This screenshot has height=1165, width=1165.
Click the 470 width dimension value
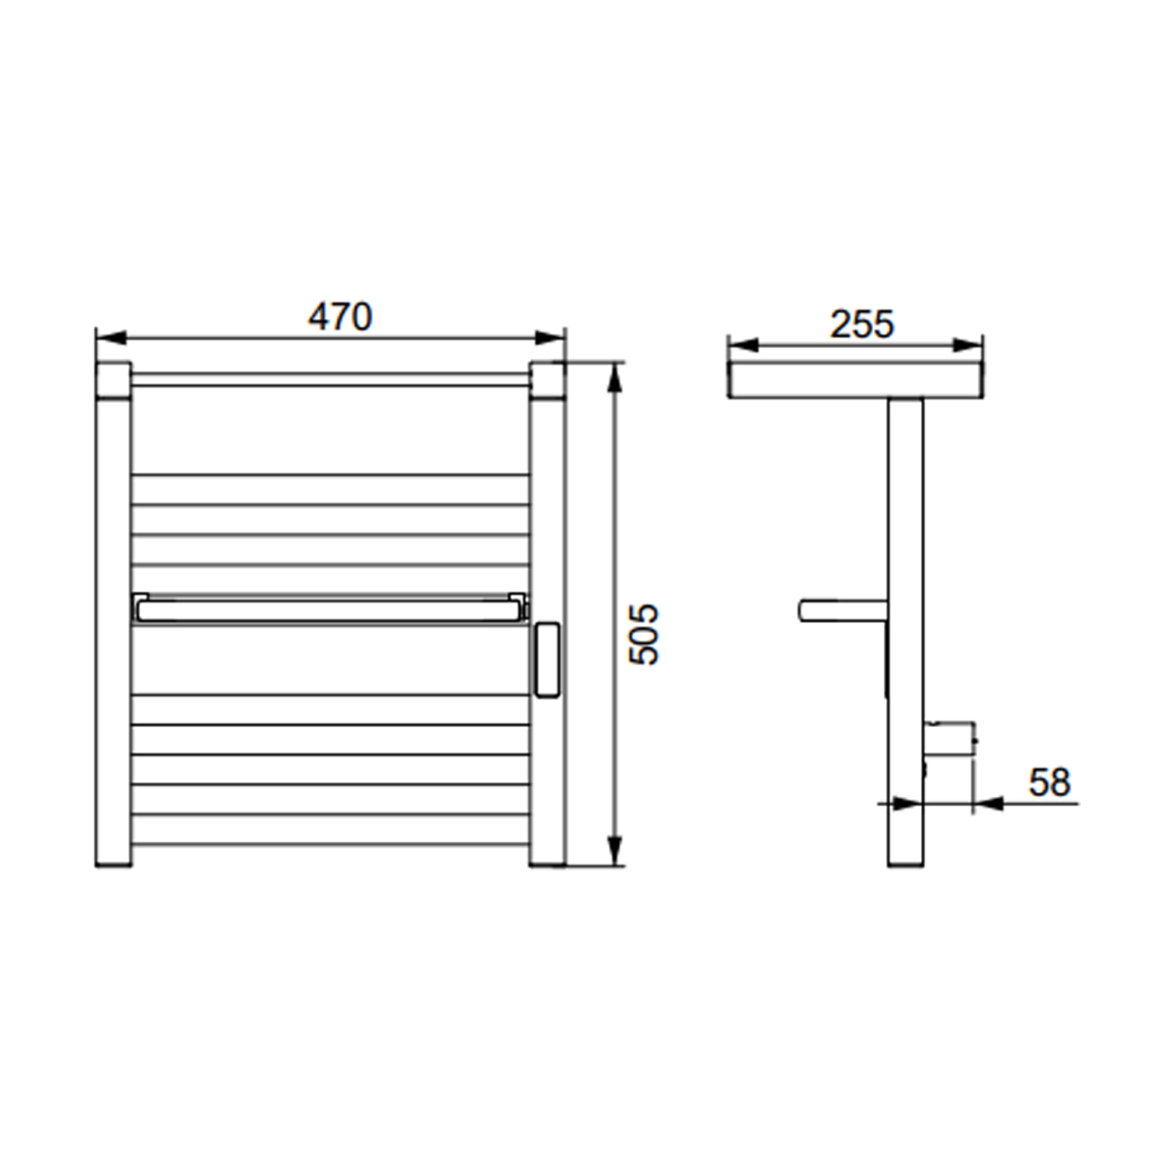click(340, 317)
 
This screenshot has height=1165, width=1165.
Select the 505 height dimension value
click(643, 634)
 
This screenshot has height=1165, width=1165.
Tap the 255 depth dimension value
click(862, 324)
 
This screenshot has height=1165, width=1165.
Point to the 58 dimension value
click(1050, 782)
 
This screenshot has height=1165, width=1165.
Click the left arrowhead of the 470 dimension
click(110, 338)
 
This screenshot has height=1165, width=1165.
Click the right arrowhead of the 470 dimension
click(551, 338)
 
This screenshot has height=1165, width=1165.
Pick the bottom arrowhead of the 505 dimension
click(615, 850)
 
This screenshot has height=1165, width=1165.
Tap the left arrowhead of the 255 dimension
click(743, 345)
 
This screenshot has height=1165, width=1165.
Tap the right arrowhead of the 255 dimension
click(968, 345)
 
